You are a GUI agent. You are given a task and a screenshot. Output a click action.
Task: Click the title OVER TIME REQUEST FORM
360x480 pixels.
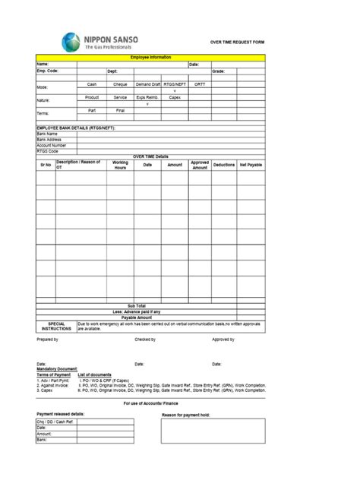click(237, 44)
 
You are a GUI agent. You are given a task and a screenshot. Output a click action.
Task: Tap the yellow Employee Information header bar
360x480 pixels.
click(150, 58)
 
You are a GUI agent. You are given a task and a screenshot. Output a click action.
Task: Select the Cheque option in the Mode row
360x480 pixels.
click(120, 84)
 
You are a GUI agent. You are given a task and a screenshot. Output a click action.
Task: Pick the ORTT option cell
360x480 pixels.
click(199, 84)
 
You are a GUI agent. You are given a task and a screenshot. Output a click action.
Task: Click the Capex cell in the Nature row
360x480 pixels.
click(174, 97)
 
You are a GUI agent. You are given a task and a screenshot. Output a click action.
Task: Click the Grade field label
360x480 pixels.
click(218, 71)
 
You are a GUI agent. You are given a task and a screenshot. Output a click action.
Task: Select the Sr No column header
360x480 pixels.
click(45, 164)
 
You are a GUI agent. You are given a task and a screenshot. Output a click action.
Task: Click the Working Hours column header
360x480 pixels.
click(120, 164)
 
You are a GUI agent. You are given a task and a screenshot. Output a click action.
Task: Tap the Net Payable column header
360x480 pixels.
click(250, 164)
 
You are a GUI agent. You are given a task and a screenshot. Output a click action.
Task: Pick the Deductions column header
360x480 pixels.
click(224, 164)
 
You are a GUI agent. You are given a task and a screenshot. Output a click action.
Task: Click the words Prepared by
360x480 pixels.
click(48, 339)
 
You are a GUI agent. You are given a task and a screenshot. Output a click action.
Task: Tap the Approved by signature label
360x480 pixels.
click(223, 339)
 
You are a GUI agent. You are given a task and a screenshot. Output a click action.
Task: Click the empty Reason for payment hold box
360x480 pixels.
click(212, 431)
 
